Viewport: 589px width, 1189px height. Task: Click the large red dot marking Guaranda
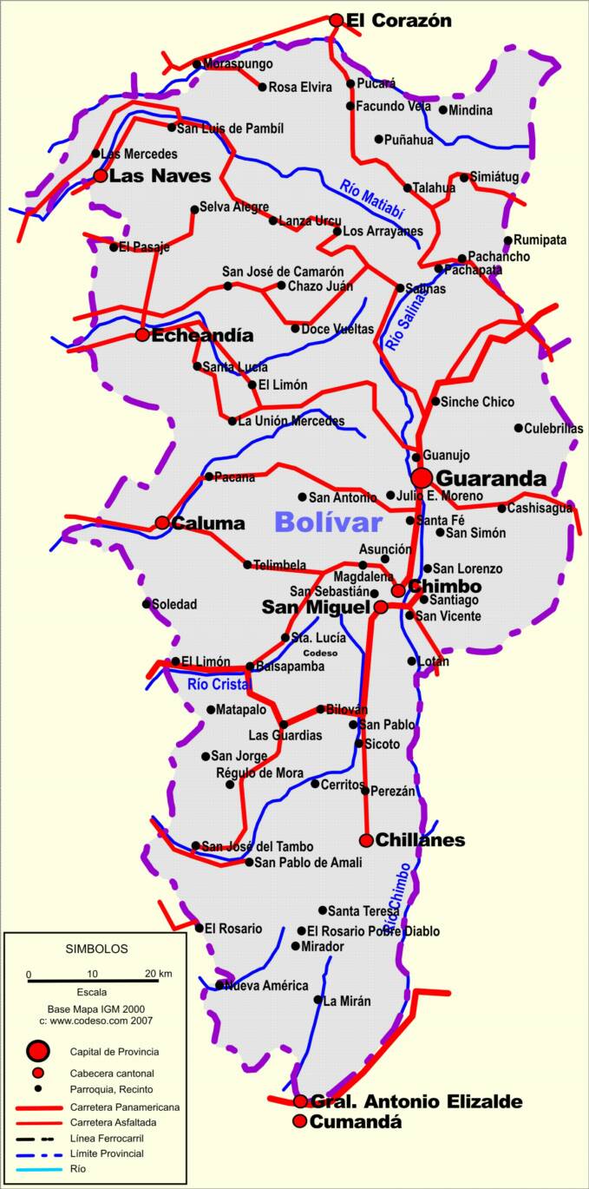[x=422, y=477]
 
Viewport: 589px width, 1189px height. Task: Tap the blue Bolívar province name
[x=328, y=522]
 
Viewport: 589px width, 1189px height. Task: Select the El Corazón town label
[x=398, y=20]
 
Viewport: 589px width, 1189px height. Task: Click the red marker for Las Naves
[x=101, y=175]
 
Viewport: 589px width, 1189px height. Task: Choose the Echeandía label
[x=202, y=335]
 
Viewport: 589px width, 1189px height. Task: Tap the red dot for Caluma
[x=162, y=522]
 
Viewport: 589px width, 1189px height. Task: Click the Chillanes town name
[x=420, y=840]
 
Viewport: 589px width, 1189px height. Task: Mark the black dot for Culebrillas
[x=519, y=428]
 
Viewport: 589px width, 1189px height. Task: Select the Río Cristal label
[x=219, y=684]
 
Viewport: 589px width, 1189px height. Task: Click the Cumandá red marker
[x=300, y=1121]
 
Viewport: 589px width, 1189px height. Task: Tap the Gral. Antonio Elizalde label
[x=416, y=1101]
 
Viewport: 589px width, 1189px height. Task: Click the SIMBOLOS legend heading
[x=96, y=949]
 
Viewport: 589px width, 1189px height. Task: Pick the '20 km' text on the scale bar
[x=158, y=973]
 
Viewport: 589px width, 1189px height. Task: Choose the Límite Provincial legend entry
[x=108, y=1153]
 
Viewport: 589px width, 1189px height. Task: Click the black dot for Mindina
[x=443, y=110]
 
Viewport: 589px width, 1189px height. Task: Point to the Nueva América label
[x=266, y=985]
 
